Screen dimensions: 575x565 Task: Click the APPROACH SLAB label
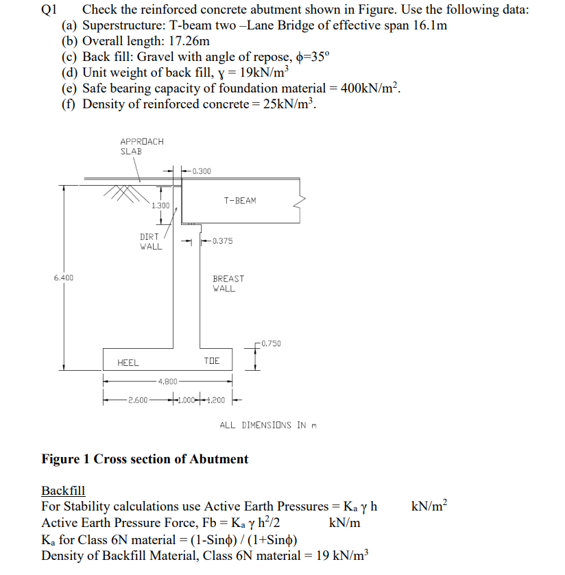point(141,147)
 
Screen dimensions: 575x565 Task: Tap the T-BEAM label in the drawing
point(240,201)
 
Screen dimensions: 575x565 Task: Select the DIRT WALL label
point(151,242)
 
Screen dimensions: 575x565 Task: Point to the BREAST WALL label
point(228,284)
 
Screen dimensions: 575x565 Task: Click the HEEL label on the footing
point(128,363)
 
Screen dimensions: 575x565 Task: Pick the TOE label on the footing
point(212,360)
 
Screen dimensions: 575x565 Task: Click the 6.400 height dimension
point(63,278)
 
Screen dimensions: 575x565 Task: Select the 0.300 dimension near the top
point(201,171)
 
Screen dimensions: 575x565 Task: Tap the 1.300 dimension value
point(160,205)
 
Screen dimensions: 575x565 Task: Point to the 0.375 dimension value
point(222,241)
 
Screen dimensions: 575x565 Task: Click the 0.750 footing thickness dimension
point(270,343)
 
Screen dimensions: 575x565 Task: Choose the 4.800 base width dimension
point(167,381)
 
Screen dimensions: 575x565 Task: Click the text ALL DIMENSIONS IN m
point(268,425)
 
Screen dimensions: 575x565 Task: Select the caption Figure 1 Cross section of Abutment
point(145,459)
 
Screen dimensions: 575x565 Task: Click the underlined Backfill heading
point(63,491)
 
